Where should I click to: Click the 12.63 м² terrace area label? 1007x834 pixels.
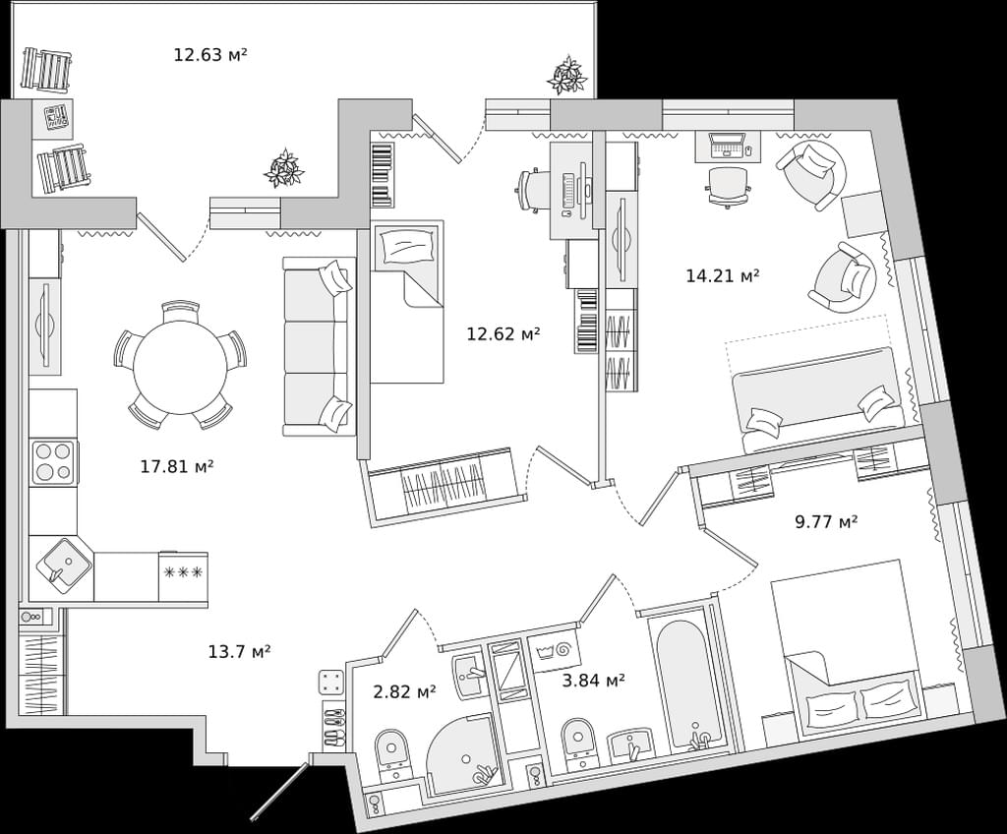210,55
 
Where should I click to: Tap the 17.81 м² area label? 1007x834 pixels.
177,466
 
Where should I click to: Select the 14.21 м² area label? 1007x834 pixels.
723,276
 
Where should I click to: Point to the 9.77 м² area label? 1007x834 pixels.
826,521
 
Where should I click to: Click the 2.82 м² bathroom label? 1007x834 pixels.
404,692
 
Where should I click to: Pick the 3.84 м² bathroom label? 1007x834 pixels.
593,680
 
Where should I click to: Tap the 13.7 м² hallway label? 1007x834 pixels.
239,652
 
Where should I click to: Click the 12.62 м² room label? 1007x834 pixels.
503,333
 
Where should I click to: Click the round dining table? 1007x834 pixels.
181,367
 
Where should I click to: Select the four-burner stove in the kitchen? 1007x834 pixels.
54,462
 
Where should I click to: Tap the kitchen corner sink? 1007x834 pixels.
64,565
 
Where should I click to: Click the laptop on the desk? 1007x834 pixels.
727,146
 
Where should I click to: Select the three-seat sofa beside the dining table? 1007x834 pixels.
319,346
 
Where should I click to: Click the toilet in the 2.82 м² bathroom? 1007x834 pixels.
391,754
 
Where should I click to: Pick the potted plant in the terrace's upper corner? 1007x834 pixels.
567,76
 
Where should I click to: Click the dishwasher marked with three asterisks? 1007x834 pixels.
183,576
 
